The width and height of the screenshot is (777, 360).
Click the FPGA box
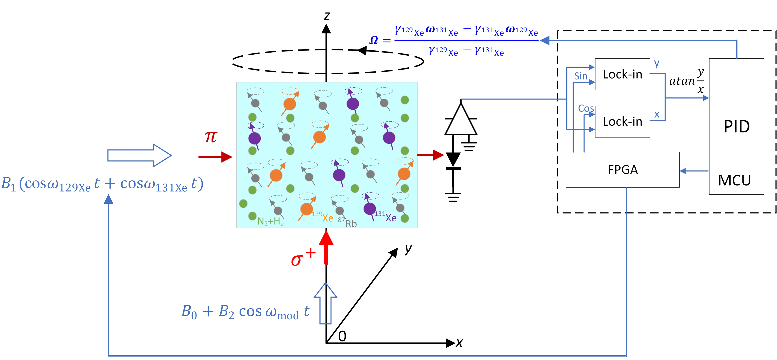click(x=622, y=170)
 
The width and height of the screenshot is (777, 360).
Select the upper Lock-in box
click(x=622, y=74)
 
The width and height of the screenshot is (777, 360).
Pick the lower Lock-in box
click(x=622, y=121)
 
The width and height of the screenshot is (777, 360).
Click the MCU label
click(x=734, y=180)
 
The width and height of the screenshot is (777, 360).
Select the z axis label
click(x=327, y=16)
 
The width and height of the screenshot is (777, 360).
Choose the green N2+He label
click(x=270, y=222)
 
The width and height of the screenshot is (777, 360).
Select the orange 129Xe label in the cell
click(x=323, y=217)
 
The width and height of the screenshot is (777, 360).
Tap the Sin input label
click(x=581, y=76)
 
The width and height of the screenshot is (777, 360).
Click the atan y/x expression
click(x=687, y=81)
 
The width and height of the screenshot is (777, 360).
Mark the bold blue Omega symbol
click(x=374, y=40)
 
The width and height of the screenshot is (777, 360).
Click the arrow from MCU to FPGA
click(x=694, y=171)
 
